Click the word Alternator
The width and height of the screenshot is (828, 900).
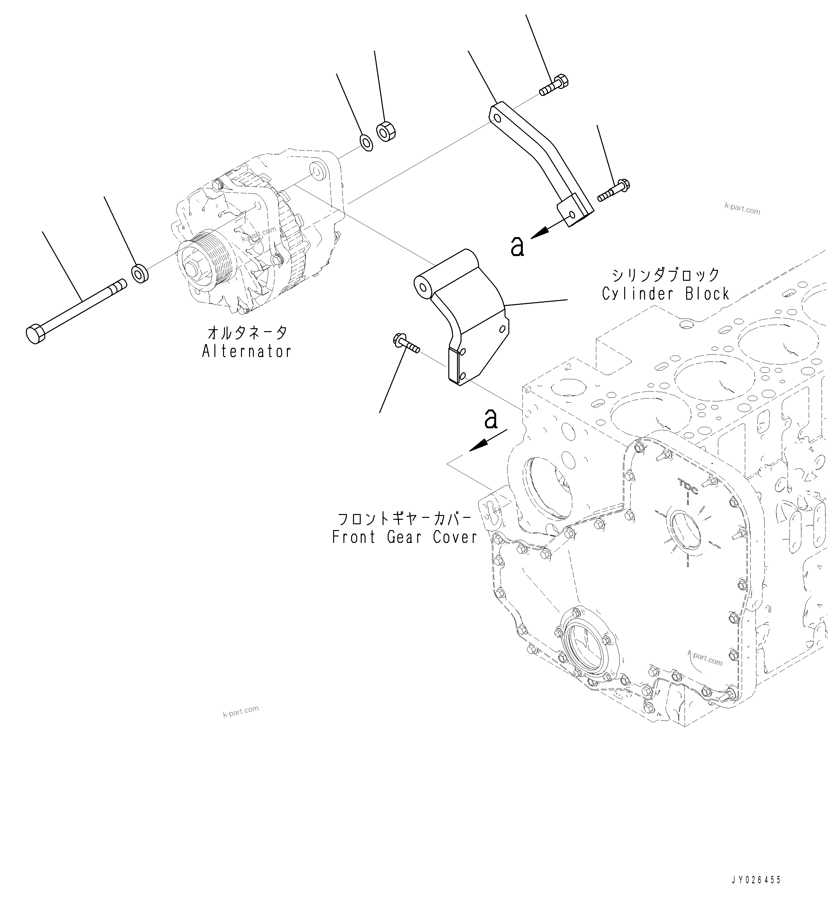pyautogui.click(x=246, y=352)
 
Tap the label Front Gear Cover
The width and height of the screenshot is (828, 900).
pyautogui.click(x=405, y=537)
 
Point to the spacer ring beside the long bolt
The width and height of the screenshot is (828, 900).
pyautogui.click(x=140, y=274)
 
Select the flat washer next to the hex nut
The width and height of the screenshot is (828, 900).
pyautogui.click(x=367, y=142)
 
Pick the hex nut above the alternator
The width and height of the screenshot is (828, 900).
pyautogui.click(x=385, y=131)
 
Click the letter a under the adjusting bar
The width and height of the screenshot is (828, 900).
pyautogui.click(x=517, y=246)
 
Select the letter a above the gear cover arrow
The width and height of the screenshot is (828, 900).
pyautogui.click(x=491, y=418)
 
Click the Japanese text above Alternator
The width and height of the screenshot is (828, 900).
pyautogui.click(x=247, y=333)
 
